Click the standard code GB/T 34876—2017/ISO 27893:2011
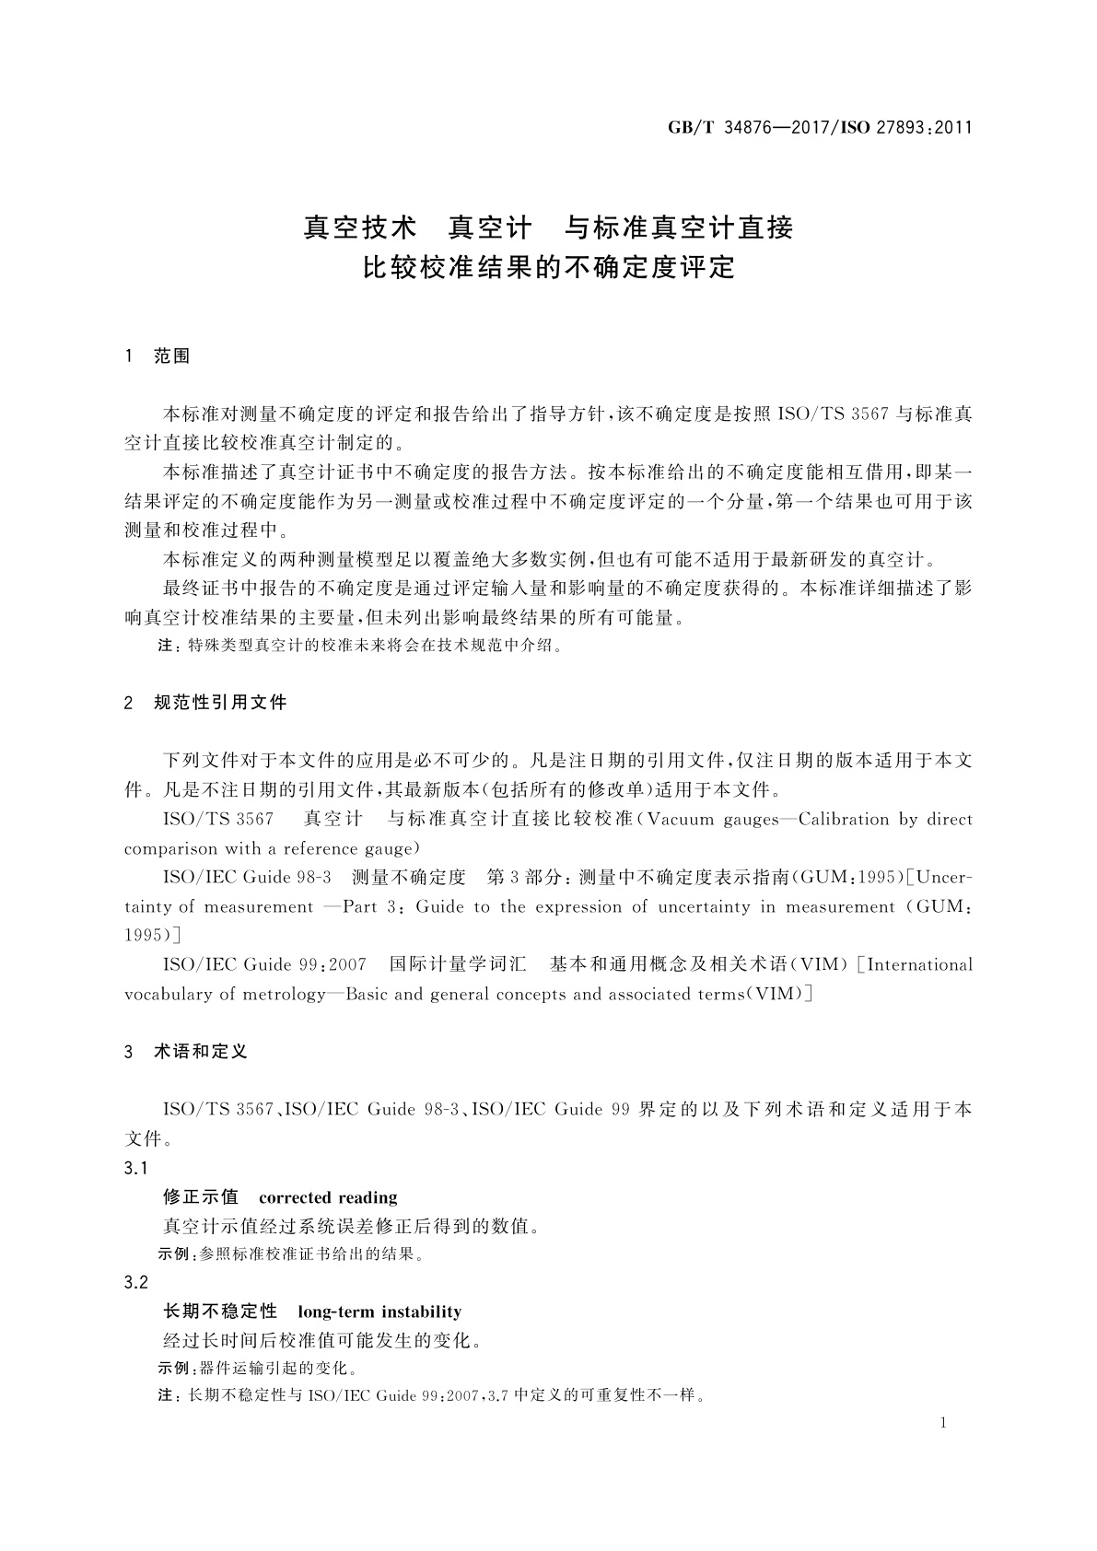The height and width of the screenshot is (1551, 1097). click(x=820, y=128)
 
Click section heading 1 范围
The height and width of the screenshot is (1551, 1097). click(x=158, y=356)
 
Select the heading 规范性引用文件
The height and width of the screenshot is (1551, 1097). click(x=220, y=703)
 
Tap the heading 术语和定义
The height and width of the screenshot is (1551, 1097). click(x=201, y=1051)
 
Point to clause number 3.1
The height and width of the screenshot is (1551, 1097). click(x=136, y=1168)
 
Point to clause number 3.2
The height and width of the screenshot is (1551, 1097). click(x=136, y=1282)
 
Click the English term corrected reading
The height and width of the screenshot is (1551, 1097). click(x=328, y=1197)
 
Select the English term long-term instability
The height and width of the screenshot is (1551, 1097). click(x=379, y=1312)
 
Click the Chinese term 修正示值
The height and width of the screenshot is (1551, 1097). click(x=201, y=1197)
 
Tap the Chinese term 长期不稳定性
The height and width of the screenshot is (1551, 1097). click(x=220, y=1312)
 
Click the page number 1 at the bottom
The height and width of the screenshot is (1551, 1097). click(x=943, y=1423)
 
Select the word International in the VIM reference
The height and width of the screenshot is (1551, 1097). click(x=919, y=964)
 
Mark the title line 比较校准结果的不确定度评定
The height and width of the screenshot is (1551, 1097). click(x=549, y=267)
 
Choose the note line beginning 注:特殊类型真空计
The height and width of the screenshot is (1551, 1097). click(x=359, y=646)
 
